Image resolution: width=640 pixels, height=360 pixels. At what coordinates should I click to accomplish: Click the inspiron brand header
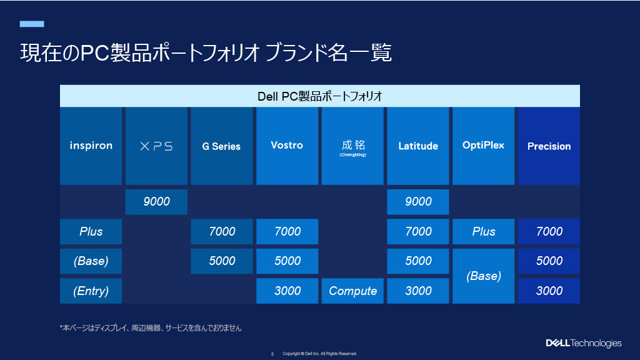[91, 146]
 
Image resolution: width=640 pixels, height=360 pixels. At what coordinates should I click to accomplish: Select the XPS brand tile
[156, 146]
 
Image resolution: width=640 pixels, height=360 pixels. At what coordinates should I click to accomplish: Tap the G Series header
[222, 146]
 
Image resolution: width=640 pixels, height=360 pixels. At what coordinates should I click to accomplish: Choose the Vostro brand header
[287, 146]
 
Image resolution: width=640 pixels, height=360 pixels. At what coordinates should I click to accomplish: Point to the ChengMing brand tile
[352, 146]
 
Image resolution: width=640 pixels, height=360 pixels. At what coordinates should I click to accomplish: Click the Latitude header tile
[418, 146]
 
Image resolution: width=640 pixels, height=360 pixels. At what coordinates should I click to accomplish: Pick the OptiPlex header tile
[483, 146]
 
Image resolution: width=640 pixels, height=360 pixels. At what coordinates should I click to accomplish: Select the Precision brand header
[549, 146]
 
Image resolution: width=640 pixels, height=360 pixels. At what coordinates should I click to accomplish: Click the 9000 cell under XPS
[156, 202]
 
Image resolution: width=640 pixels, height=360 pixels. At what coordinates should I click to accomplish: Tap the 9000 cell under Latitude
[418, 202]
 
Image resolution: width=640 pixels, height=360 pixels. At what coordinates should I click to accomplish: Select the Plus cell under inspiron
[91, 231]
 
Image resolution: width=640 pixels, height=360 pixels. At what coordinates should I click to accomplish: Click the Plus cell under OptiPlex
[483, 231]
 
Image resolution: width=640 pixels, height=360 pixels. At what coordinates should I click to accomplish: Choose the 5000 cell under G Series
[222, 261]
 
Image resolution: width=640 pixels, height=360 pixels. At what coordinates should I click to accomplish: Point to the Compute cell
[352, 291]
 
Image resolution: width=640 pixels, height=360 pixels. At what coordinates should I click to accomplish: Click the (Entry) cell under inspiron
[91, 291]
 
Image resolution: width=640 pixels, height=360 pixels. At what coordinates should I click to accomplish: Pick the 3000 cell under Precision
[549, 291]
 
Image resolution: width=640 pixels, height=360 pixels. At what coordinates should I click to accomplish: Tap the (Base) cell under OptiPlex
[483, 276]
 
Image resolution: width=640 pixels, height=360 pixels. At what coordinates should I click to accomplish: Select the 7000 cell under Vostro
[287, 231]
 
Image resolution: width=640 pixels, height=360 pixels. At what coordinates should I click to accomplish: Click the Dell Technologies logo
[584, 343]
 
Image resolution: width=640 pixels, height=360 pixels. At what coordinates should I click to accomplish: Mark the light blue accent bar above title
[32, 24]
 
